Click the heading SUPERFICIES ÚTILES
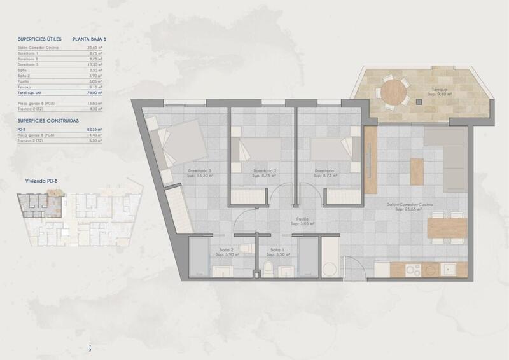coord(39,39)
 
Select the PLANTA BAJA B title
coord(90,39)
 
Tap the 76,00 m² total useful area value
coord(94,93)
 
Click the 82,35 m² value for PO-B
coord(94,129)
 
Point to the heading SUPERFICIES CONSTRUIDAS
coord(48,120)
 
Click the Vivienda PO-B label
coord(42,181)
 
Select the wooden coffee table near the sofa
coord(417,171)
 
